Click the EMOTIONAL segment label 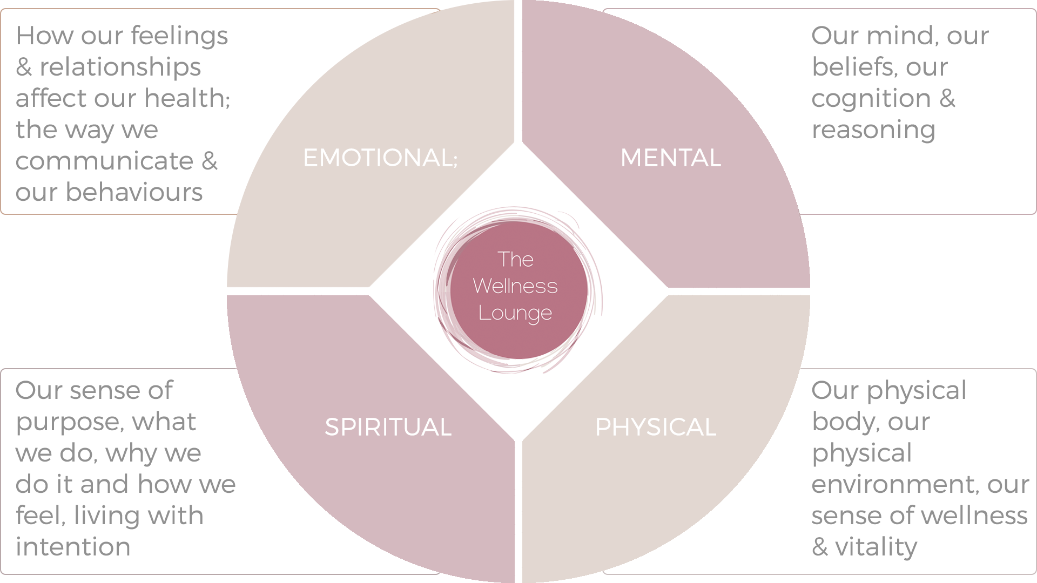380,158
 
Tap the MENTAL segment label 670,158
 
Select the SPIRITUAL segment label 388,427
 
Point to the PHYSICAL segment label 655,427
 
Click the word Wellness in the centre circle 515,286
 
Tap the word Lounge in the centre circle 515,313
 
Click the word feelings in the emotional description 179,37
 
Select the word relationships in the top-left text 120,68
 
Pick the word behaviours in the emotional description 134,192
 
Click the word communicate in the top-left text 104,161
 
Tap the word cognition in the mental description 871,99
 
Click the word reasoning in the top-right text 873,130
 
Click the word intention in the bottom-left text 73,547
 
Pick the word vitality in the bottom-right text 876,547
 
